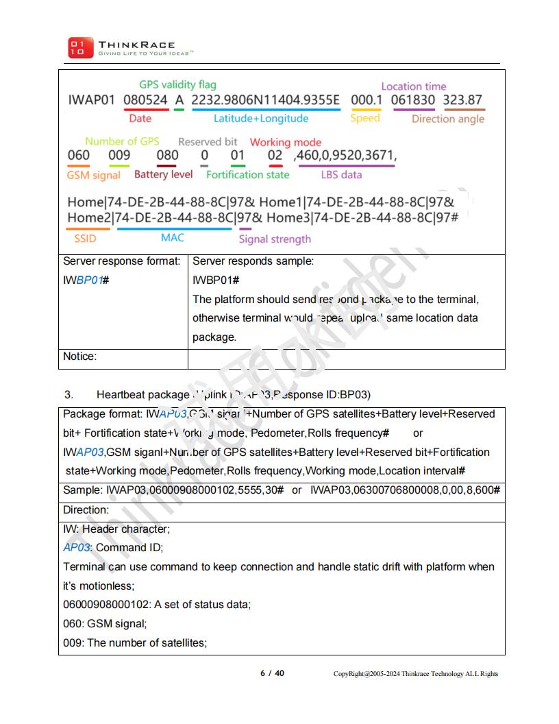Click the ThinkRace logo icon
(77, 47)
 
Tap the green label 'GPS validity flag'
(177, 85)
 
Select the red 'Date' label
(140, 119)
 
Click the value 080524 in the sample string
(145, 101)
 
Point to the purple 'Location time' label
(413, 86)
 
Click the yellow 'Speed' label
(364, 119)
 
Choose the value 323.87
(462, 101)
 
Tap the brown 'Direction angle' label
(447, 119)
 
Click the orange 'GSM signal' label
(93, 175)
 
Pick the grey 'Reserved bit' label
(208, 142)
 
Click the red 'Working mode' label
(285, 143)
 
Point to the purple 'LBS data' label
(341, 175)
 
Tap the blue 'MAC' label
(173, 238)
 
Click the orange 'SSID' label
(85, 239)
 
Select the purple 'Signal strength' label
(274, 239)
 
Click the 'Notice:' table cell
(80, 357)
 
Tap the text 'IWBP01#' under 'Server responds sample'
(215, 280)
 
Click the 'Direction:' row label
(86, 510)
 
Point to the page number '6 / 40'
(272, 673)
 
